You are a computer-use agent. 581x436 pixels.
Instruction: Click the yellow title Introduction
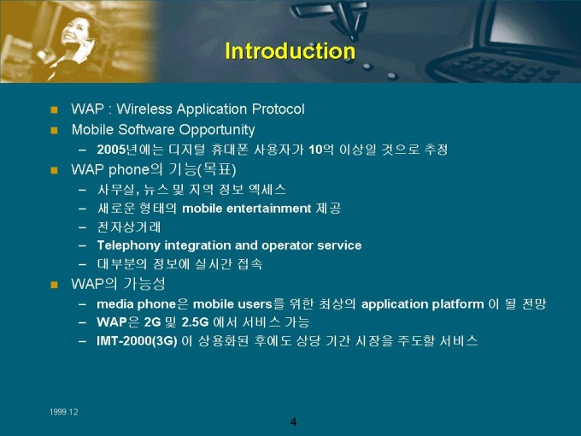pyautogui.click(x=290, y=50)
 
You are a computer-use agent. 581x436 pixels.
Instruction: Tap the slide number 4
pyautogui.click(x=293, y=422)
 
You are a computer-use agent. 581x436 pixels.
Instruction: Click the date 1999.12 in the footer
pyautogui.click(x=64, y=412)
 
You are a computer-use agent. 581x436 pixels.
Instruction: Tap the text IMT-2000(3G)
pyautogui.click(x=137, y=341)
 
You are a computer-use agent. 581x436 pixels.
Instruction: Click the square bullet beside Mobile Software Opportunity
pyautogui.click(x=55, y=130)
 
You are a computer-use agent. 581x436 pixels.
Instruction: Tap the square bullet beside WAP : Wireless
pyautogui.click(x=55, y=109)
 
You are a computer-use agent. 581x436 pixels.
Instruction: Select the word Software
pyautogui.click(x=147, y=130)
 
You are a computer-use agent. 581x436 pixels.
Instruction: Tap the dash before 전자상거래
pyautogui.click(x=82, y=227)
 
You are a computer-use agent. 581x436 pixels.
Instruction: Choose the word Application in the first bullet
pyautogui.click(x=212, y=109)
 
